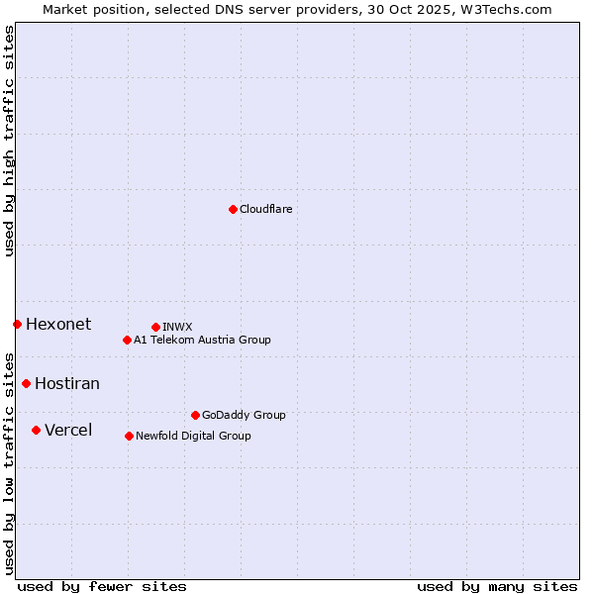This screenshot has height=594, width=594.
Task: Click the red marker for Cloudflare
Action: coord(233,209)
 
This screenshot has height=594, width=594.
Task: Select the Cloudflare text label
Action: coord(265,210)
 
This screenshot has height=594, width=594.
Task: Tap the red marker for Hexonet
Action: coord(17,324)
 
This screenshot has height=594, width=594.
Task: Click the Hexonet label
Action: coord(58,325)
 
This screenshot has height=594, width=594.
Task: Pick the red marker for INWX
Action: coord(155,327)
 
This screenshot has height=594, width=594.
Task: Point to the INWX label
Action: coord(177,328)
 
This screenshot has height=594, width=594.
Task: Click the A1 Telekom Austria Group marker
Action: coord(127,340)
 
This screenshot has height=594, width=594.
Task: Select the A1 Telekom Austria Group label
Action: coord(202,341)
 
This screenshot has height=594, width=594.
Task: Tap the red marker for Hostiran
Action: coord(26,383)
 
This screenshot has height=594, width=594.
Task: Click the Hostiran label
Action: coord(67,384)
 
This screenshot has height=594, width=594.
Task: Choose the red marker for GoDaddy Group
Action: coord(195,415)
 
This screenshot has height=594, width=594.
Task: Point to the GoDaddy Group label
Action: coord(244,416)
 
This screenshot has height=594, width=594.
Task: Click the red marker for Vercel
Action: coord(36,430)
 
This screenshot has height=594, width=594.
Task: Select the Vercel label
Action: coord(68,431)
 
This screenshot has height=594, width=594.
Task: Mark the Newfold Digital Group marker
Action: coord(129,436)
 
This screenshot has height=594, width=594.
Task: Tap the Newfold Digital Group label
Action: coord(193,437)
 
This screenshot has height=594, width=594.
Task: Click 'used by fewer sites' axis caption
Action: coord(102,586)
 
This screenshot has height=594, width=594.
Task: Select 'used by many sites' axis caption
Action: coord(497,586)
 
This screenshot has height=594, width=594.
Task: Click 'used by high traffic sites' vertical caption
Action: coord(10,141)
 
